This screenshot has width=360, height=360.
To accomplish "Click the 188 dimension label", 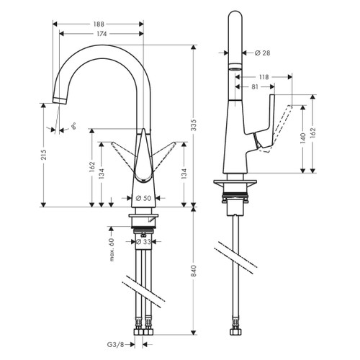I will (x=101, y=22).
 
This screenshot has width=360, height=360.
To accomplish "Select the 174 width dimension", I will (x=101, y=33).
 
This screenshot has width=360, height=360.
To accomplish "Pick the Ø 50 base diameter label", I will (x=143, y=198).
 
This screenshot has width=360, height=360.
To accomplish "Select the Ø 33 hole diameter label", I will (x=144, y=243).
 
